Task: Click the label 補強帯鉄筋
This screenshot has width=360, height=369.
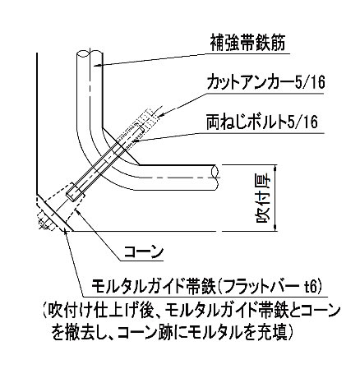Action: pyautogui.click(x=247, y=43)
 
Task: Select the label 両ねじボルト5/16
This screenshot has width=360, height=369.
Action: pyautogui.click(x=262, y=122)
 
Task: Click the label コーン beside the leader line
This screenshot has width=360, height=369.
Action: pyautogui.click(x=144, y=252)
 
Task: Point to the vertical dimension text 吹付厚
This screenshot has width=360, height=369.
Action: pyautogui.click(x=264, y=198)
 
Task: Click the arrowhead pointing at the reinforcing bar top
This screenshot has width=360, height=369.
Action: pyautogui.click(x=96, y=65)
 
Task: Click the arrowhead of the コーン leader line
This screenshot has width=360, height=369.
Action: pyautogui.click(x=77, y=211)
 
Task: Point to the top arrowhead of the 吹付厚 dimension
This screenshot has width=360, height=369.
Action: pyautogui.click(x=275, y=168)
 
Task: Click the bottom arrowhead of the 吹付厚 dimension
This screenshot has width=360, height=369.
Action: pyautogui.click(x=275, y=228)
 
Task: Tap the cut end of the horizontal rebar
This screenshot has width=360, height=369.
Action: pyautogui.click(x=215, y=178)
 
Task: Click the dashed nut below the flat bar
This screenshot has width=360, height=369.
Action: pyautogui.click(x=45, y=222)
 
